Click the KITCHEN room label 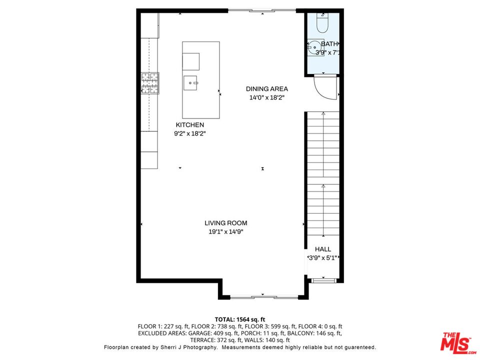click(189, 125)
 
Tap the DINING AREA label click(266, 89)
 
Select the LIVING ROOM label click(225, 223)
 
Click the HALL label click(322, 249)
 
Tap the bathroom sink click(316, 48)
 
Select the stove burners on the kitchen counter click(149, 83)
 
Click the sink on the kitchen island click(190, 82)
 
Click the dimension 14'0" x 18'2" click(267, 98)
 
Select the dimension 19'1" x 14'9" click(225, 231)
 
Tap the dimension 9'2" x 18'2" click(189, 133)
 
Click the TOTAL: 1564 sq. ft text click(240, 319)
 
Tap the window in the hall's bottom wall click(322, 280)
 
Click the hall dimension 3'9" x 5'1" click(323, 258)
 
